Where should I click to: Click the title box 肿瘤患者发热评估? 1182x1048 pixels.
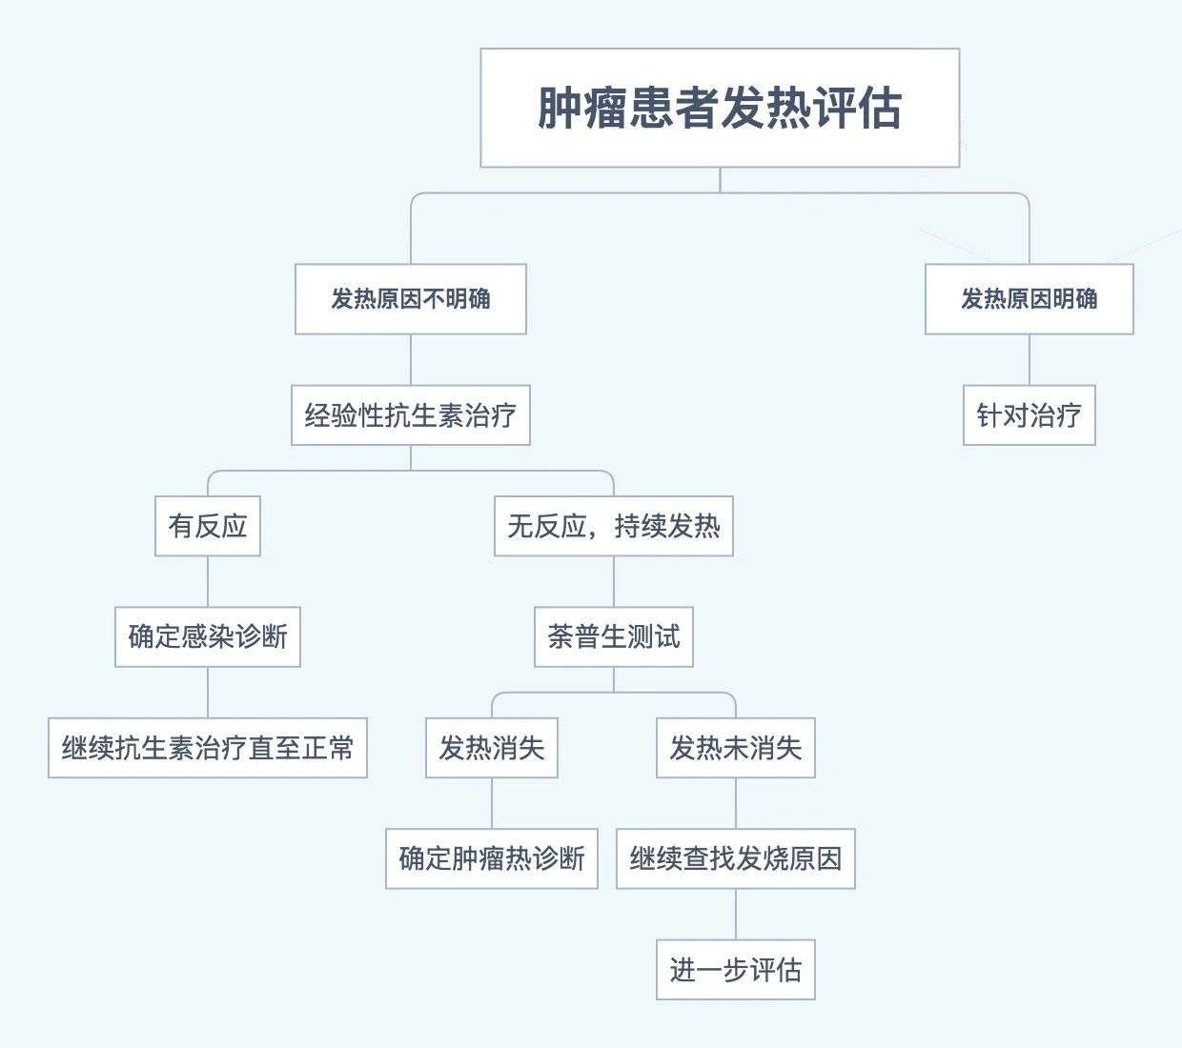pyautogui.click(x=720, y=108)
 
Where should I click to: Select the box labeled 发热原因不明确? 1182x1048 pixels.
pyautogui.click(x=411, y=299)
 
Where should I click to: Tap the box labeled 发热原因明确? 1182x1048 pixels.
pyautogui.click(x=1029, y=299)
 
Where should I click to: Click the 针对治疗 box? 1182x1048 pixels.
pyautogui.click(x=1029, y=415)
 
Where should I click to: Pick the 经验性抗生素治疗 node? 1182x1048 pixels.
pyautogui.click(x=411, y=415)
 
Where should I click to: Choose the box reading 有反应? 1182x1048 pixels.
pyautogui.click(x=208, y=526)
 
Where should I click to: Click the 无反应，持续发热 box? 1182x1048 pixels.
pyautogui.click(x=614, y=526)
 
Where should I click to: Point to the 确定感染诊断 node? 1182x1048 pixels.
pyautogui.click(x=208, y=636)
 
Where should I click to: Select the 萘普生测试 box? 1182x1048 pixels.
pyautogui.click(x=614, y=636)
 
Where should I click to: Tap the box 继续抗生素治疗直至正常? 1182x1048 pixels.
pyautogui.click(x=208, y=748)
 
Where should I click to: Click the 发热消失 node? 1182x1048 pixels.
pyautogui.click(x=492, y=748)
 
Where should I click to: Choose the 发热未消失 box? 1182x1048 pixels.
pyautogui.click(x=736, y=748)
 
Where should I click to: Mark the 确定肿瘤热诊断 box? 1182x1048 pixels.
pyautogui.click(x=492, y=858)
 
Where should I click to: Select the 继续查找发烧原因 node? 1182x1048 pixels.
pyautogui.click(x=736, y=858)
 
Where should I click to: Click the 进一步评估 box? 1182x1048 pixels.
pyautogui.click(x=736, y=970)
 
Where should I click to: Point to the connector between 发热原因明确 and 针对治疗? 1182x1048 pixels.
pyautogui.click(x=1029, y=359)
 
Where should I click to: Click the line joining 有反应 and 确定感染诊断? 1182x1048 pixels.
pyautogui.click(x=208, y=581)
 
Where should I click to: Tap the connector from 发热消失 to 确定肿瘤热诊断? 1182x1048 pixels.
pyautogui.click(x=492, y=803)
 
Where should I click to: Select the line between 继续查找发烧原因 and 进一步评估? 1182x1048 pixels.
pyautogui.click(x=736, y=915)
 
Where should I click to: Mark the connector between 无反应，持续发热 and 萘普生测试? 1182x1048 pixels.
pyautogui.click(x=614, y=581)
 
